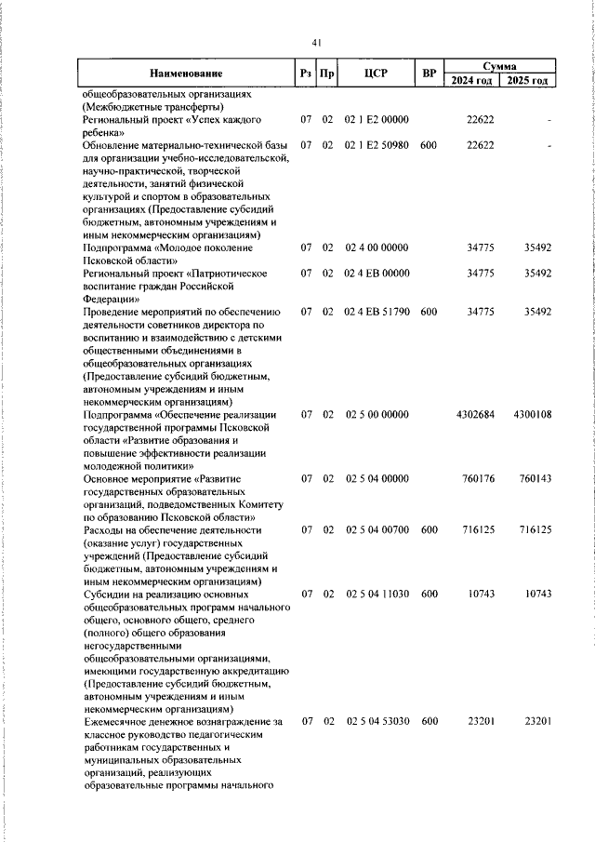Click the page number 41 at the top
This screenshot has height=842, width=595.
point(317,43)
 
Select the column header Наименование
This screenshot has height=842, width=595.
point(186,73)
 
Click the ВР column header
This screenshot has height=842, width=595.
point(429,73)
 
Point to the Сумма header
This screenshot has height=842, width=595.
point(500,66)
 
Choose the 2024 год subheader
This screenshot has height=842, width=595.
point(472,80)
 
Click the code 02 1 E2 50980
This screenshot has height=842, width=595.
point(377,145)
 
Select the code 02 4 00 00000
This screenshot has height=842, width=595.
point(377,248)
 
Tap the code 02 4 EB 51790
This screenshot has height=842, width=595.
point(377,312)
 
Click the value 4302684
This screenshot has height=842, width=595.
point(477,414)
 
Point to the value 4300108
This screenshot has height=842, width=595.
point(532,414)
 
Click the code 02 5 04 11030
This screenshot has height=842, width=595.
point(377,594)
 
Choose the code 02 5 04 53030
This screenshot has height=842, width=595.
point(377,721)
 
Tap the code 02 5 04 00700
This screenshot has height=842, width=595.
point(377,529)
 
